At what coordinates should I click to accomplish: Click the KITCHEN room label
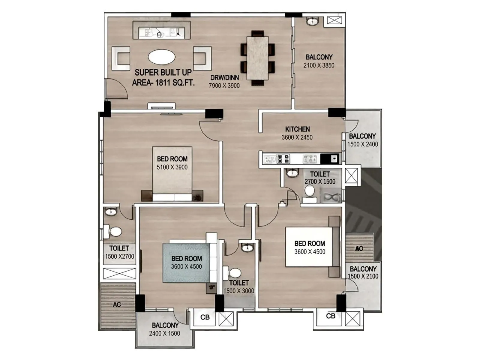297,129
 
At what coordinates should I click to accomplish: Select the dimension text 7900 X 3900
224,86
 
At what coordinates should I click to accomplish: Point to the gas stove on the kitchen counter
283,159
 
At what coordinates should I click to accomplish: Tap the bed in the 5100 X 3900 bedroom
172,172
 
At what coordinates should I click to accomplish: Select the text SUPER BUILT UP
163,73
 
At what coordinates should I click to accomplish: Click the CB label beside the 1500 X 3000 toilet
205,317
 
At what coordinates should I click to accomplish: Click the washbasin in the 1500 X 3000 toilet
247,248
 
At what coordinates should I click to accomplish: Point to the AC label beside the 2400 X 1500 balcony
117,304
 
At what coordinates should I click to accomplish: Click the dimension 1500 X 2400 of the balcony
362,144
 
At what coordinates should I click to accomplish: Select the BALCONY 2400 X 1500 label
165,329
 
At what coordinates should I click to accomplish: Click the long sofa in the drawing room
161,30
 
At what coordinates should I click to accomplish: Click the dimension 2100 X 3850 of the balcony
319,65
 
